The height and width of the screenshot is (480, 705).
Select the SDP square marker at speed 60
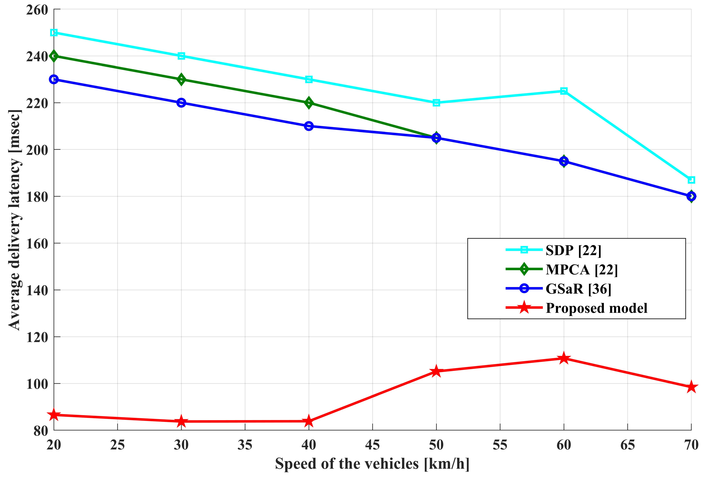pos(564,91)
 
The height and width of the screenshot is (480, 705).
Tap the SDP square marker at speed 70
pos(691,180)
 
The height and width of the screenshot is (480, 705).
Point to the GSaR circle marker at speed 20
pos(54,79)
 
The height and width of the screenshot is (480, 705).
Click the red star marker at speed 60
pos(564,358)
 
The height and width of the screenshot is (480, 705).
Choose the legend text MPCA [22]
pos(581,269)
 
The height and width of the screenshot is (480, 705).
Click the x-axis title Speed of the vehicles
pos(372,464)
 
